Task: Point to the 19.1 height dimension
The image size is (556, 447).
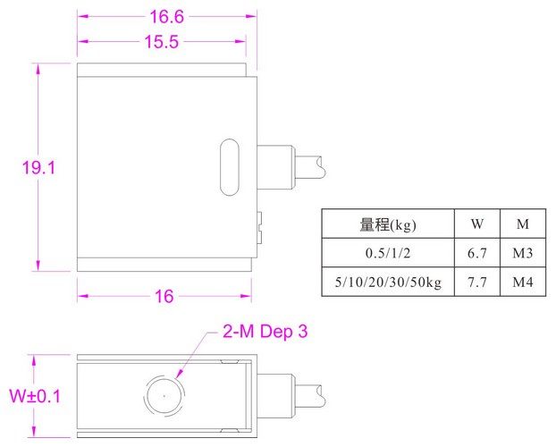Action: pos(39,167)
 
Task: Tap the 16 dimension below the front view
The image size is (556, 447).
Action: pos(164,298)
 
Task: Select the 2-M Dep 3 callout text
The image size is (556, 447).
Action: pos(265,333)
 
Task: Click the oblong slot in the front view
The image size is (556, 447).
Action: pos(229,166)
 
